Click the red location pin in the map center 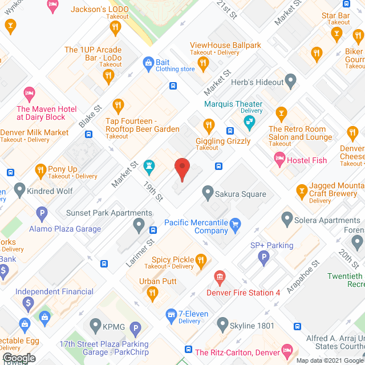181,169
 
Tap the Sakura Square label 240,194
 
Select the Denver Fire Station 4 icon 219,278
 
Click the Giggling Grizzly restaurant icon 209,125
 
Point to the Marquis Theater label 234,104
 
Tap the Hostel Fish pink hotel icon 279,160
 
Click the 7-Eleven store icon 170,314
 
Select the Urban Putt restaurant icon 152,294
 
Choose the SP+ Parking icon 263,258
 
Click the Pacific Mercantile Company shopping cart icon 235,226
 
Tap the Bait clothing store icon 148,62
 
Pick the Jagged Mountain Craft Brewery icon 302,190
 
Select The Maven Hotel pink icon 29,93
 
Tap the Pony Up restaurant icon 40,169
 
